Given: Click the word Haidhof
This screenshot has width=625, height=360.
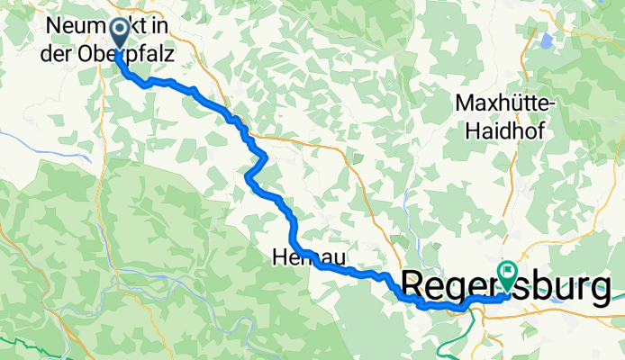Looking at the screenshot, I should pyautogui.click(x=510, y=130).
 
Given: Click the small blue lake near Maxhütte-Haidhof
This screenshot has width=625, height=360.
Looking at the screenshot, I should pyautogui.click(x=545, y=40).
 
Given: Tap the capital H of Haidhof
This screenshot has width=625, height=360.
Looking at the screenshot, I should pyautogui.click(x=475, y=130).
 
